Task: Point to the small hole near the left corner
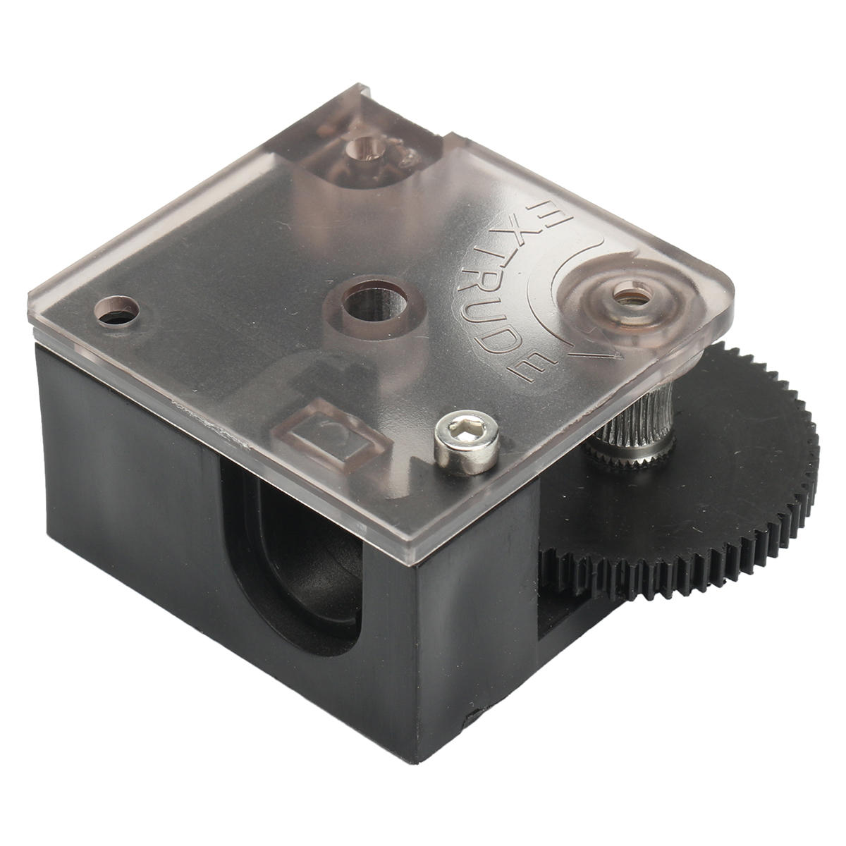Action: tap(116, 311)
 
